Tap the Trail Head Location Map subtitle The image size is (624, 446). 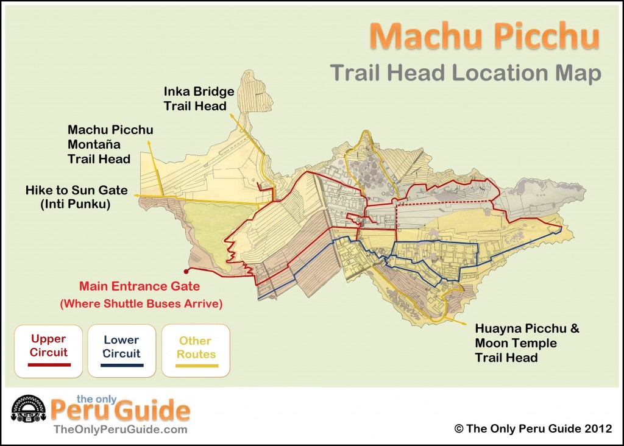pos(466,73)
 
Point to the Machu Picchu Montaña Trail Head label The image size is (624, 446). pos(110,144)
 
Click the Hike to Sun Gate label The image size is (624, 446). pos(76,190)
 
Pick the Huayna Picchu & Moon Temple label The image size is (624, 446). pos(527,342)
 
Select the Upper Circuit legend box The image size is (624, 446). pos(49,350)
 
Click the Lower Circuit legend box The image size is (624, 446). pos(121,350)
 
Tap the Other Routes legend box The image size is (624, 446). pos(195,350)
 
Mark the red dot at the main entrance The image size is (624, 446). pos(185,271)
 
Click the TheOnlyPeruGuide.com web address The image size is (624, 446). pos(120,430)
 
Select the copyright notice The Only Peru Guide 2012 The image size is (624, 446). pos(533,428)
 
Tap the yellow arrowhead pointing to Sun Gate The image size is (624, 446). pos(136,195)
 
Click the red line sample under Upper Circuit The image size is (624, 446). pos(49,364)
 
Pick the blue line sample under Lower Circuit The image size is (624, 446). pos(121,365)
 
